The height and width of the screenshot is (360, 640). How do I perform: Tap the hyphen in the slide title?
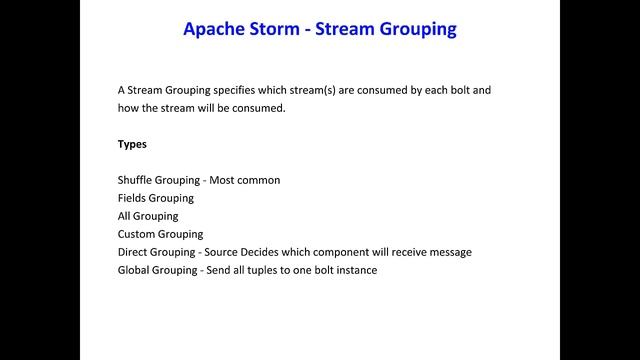click(x=308, y=30)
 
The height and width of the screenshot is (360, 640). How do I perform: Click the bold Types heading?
click(x=132, y=144)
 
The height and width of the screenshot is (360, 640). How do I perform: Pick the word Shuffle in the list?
click(x=135, y=180)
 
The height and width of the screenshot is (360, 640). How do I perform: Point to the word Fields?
click(x=132, y=198)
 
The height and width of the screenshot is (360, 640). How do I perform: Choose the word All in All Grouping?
click(x=125, y=216)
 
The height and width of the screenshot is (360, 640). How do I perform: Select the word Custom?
click(x=137, y=234)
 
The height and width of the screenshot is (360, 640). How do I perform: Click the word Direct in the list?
click(x=132, y=252)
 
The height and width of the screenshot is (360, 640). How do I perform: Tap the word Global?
click(x=134, y=270)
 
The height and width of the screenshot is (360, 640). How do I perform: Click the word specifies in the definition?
click(x=238, y=90)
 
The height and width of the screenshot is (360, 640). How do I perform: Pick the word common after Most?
click(x=259, y=180)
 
